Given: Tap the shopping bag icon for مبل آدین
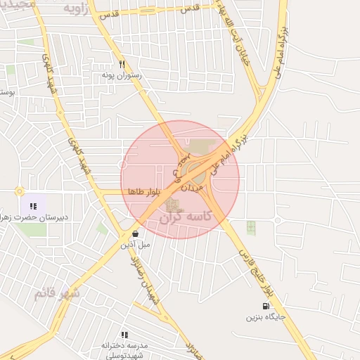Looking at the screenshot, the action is pos(135,233).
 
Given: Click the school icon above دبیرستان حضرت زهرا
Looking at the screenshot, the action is pos(32,207).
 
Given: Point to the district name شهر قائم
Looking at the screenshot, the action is pos(57,292).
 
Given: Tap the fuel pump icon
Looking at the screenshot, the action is pos(265,306).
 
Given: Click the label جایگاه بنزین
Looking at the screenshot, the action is pos(264,317).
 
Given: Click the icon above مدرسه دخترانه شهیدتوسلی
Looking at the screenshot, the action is pos(124,335).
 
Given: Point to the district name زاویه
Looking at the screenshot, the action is pos(78,8).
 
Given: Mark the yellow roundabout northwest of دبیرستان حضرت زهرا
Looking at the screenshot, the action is pos(20,191).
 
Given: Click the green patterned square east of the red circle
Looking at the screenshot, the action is pos(251,227).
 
